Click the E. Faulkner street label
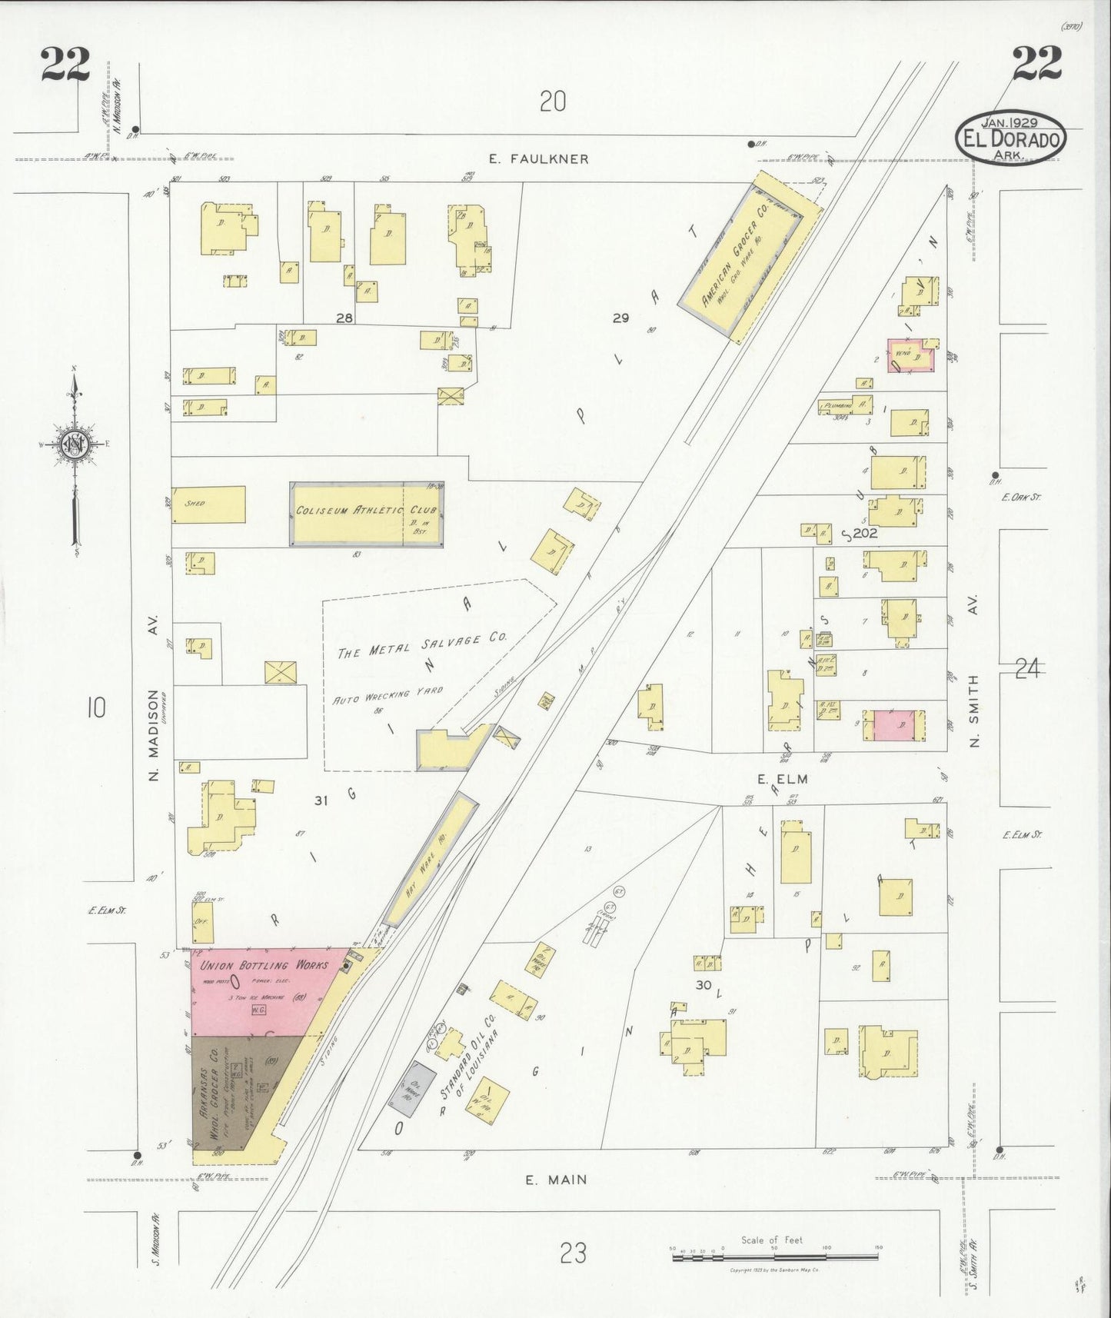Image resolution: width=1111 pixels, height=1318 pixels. coord(539,159)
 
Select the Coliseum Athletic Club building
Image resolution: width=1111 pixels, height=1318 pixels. coord(366,513)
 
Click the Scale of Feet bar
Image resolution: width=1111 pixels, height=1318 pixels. coord(774,1256)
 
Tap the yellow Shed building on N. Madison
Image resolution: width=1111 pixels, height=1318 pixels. coord(208,504)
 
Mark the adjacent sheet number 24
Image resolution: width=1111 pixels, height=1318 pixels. coord(1026,670)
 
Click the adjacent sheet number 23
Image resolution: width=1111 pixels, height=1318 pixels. coord(573,1253)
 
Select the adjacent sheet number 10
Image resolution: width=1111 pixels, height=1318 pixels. coord(96,707)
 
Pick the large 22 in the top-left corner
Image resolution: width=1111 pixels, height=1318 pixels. coord(65,64)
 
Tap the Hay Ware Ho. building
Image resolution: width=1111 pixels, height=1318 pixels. coord(431,857)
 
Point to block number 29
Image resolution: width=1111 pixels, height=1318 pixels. coord(620,317)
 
